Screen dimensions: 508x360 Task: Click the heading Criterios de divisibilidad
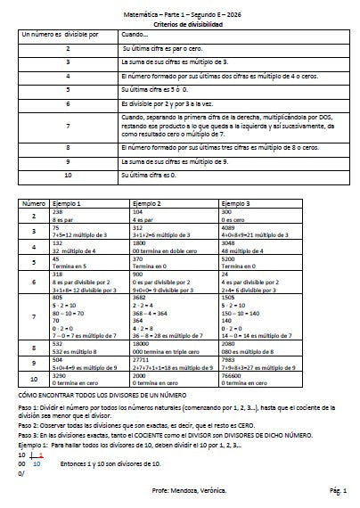pos(180,24)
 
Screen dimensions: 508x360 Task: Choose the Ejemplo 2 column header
pos(147,204)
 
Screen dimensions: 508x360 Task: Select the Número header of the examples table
pos(34,204)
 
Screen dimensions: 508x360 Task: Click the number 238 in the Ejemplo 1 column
pos(59,212)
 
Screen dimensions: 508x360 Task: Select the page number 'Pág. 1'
pos(337,491)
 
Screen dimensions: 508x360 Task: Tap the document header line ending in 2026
pos(180,15)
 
